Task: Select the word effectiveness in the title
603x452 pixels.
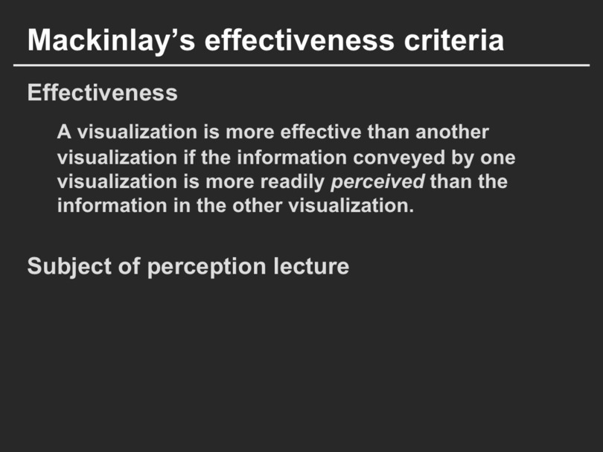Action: tap(299, 40)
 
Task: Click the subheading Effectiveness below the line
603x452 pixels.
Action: tap(102, 92)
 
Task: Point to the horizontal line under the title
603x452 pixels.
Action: tap(301, 65)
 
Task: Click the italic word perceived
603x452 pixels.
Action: tap(377, 181)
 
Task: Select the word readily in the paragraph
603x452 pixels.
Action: tap(293, 182)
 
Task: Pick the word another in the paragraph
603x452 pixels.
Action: tap(452, 132)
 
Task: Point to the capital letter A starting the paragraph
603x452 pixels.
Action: tap(64, 132)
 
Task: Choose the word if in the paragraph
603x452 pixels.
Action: tap(189, 158)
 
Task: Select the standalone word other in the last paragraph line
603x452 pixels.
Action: tap(258, 205)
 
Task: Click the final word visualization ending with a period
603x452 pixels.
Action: tap(351, 205)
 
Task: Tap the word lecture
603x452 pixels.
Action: tap(311, 266)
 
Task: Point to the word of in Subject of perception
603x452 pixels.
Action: tap(130, 266)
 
